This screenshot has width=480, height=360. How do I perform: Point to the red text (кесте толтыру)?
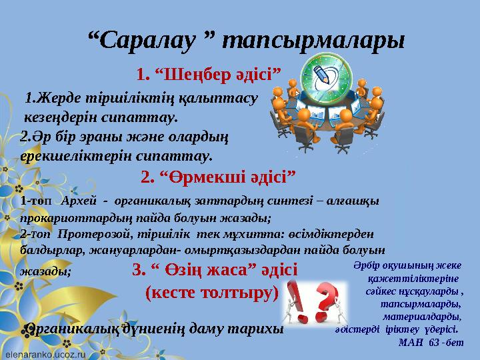211,292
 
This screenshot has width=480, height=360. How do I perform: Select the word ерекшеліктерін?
67,156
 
